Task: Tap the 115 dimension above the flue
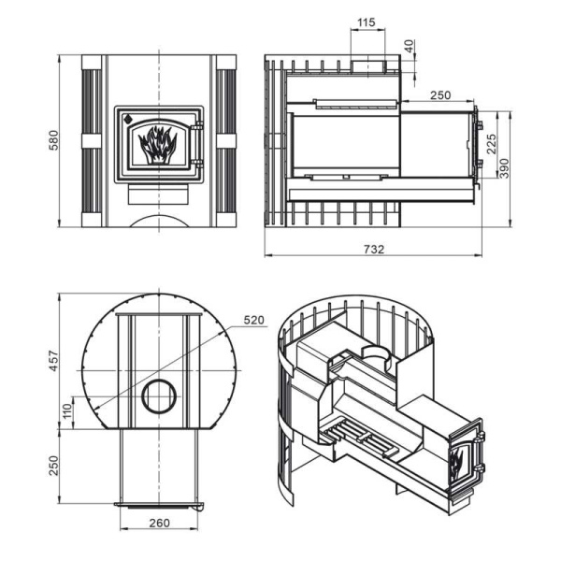pyautogui.click(x=366, y=22)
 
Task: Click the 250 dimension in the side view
pyautogui.click(x=441, y=95)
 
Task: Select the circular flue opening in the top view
pyautogui.click(x=158, y=397)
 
